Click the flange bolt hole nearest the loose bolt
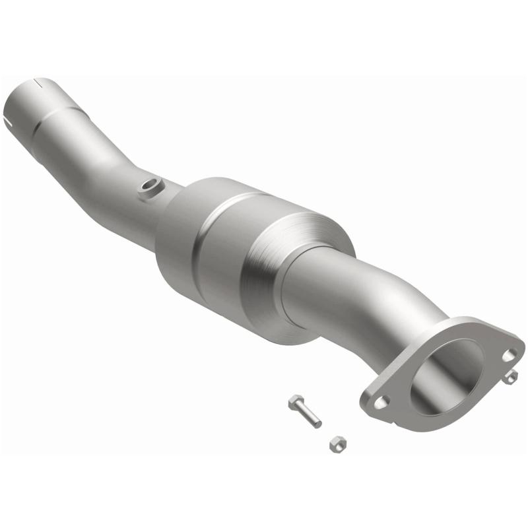[x=381, y=400]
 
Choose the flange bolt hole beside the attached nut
[x=508, y=355]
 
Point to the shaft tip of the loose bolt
[x=317, y=424]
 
